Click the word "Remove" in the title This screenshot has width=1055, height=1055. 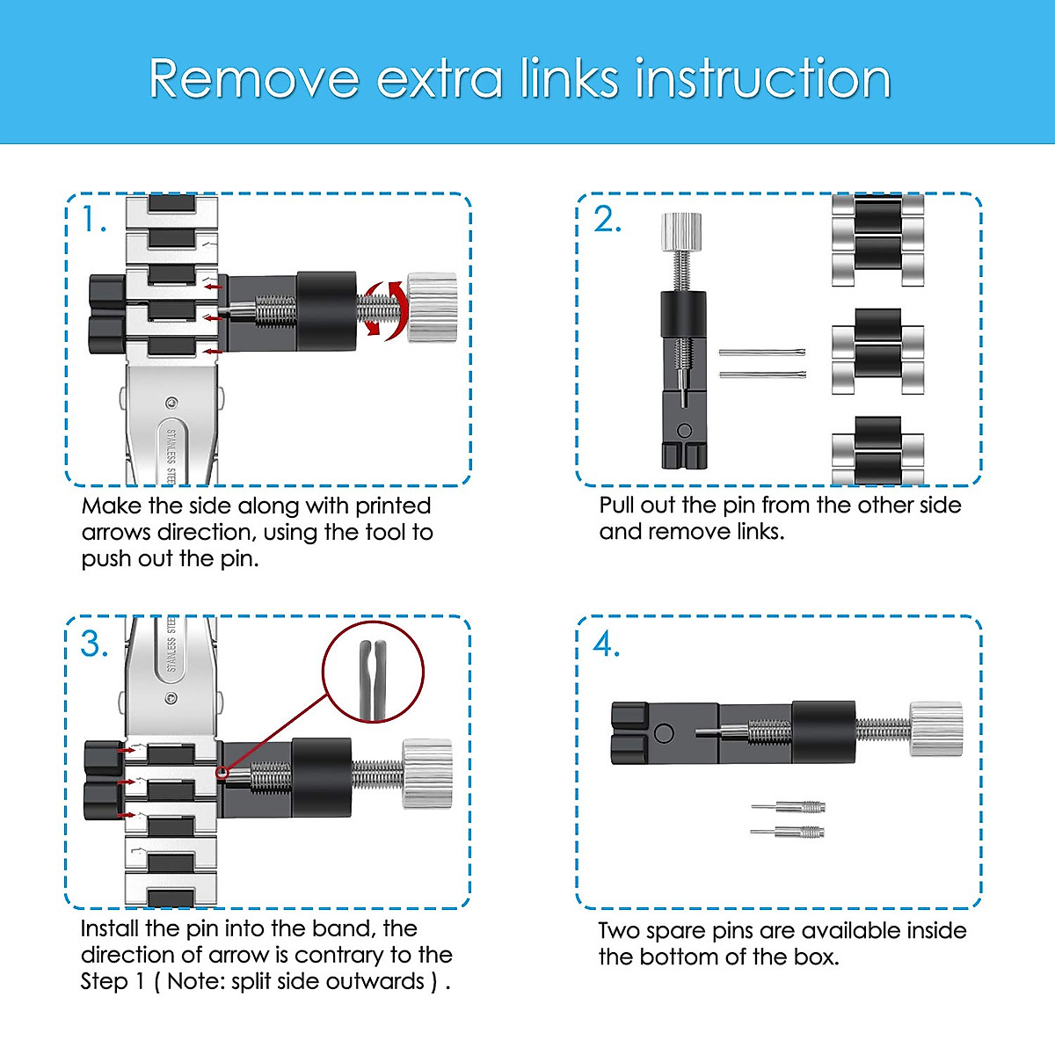point(253,78)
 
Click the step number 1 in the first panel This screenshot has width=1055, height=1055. point(93,220)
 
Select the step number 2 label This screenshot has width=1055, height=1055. point(608,220)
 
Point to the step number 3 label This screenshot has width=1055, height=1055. point(94,644)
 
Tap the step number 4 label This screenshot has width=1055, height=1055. point(607,644)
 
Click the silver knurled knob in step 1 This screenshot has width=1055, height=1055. point(433,308)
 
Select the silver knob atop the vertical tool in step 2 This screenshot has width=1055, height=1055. point(681,232)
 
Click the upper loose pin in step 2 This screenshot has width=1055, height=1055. point(762,352)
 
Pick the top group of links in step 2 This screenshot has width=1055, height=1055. point(877,241)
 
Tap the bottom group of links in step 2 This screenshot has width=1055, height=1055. point(877,450)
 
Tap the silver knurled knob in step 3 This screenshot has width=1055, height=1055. point(427,775)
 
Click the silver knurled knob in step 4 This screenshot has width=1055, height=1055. point(936,729)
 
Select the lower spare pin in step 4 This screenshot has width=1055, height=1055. point(787,833)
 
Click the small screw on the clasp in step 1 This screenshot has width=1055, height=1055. point(171,404)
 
